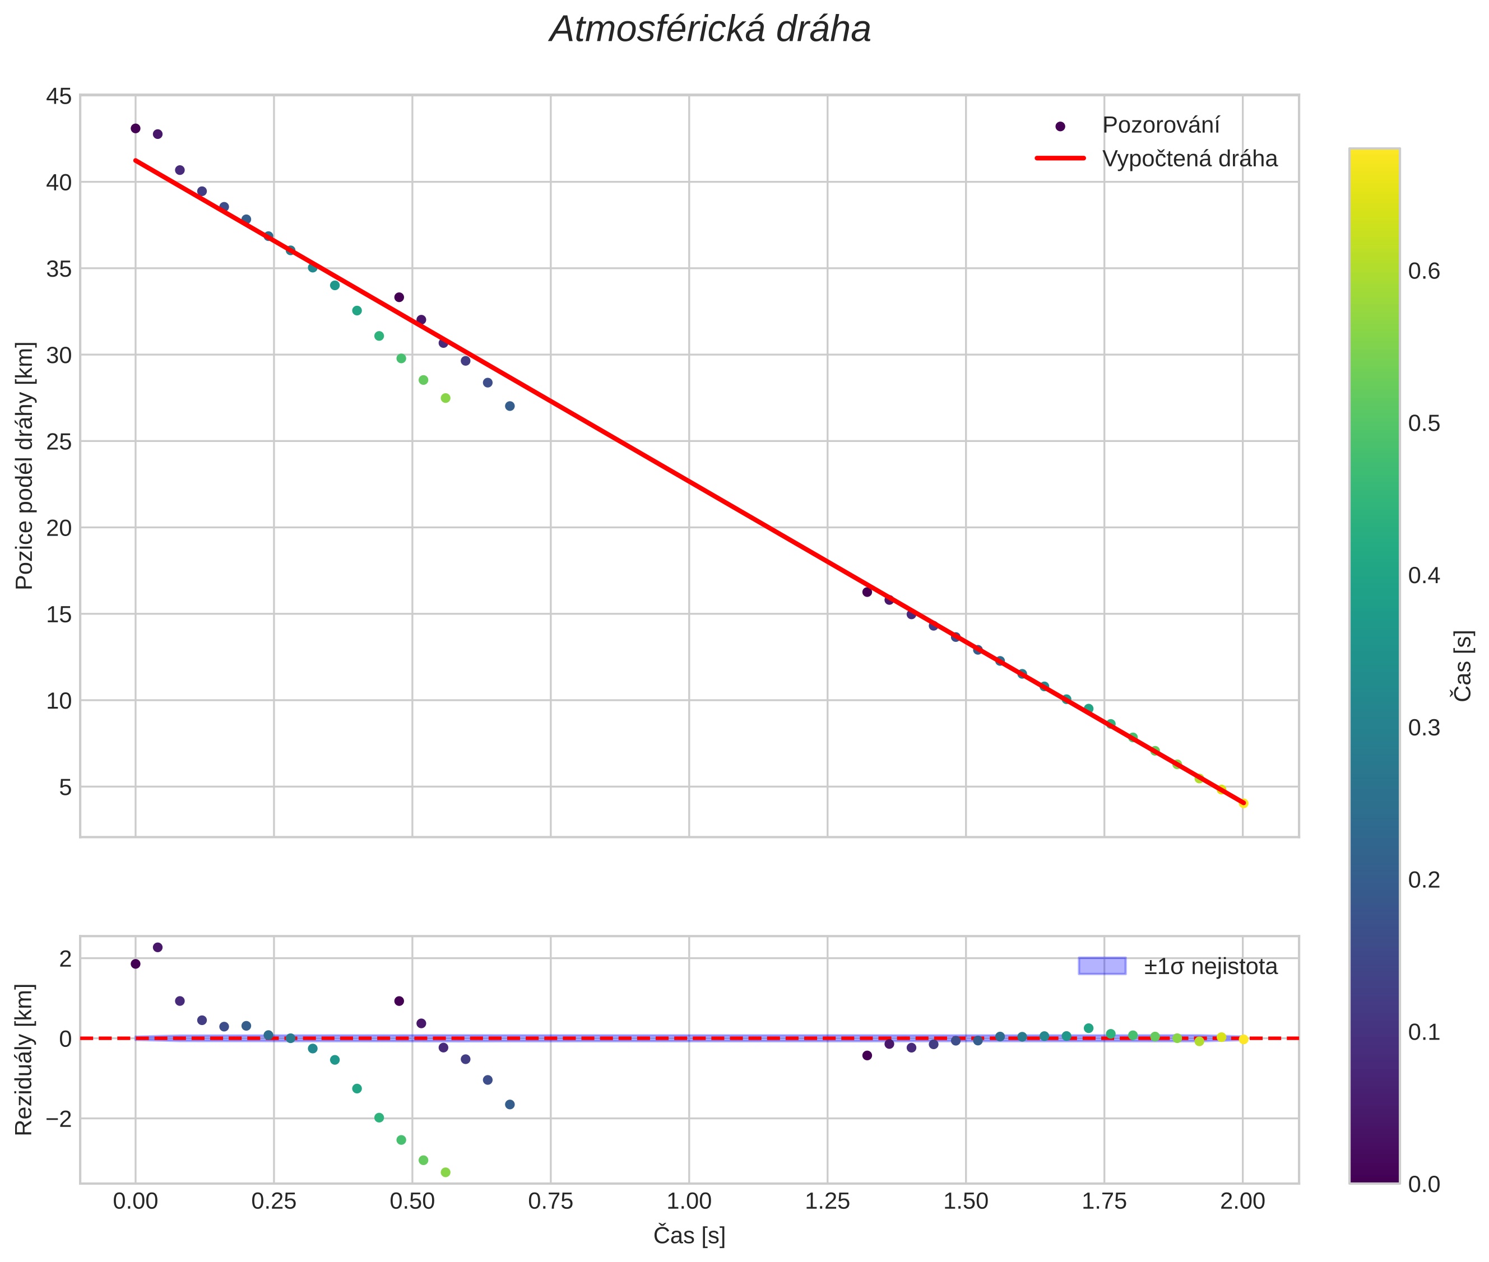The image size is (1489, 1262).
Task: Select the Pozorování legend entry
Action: click(x=1159, y=125)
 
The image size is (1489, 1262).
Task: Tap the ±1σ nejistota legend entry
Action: click(x=1210, y=967)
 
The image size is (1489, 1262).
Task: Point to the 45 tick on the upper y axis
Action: click(x=59, y=96)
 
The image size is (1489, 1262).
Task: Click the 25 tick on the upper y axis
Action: click(x=59, y=441)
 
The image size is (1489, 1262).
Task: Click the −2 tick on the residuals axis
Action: click(x=56, y=1118)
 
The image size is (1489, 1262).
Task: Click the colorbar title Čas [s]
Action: click(x=1463, y=666)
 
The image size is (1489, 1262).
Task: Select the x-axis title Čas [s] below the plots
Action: click(x=689, y=1236)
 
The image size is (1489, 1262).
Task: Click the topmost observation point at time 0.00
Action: click(x=135, y=129)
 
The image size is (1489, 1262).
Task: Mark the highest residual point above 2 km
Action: click(x=157, y=947)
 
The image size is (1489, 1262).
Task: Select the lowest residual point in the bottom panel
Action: click(x=446, y=1172)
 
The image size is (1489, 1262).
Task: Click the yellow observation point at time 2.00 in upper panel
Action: click(x=1243, y=803)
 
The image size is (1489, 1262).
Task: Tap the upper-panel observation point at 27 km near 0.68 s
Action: click(x=510, y=406)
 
